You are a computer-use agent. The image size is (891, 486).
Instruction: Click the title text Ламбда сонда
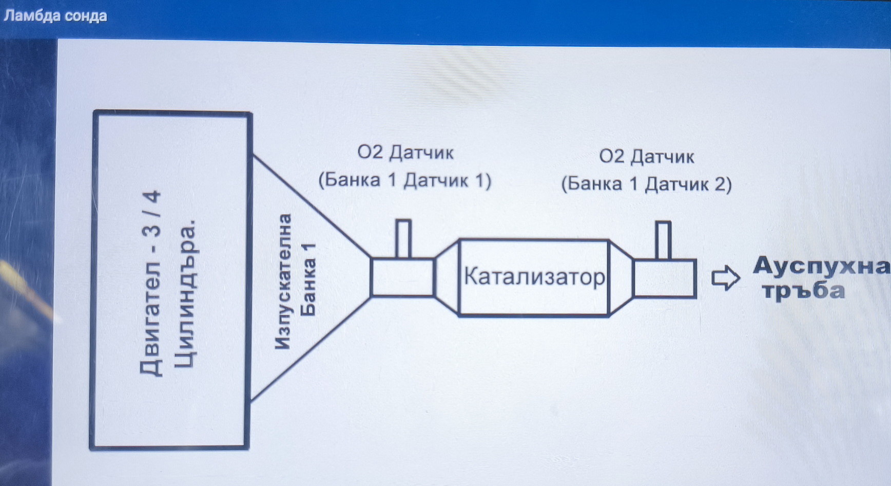click(55, 16)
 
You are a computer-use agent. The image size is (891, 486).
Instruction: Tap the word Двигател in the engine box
click(151, 318)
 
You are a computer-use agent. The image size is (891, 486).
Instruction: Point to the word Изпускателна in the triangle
click(283, 282)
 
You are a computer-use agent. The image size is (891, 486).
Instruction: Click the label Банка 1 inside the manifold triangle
click(308, 279)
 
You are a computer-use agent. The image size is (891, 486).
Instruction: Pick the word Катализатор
click(534, 276)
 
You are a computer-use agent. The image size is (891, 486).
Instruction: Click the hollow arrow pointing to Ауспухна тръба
click(726, 278)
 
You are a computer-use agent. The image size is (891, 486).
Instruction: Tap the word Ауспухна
click(821, 266)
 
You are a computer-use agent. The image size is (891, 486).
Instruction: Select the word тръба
click(803, 291)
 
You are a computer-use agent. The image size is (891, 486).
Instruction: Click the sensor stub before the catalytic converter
click(403, 238)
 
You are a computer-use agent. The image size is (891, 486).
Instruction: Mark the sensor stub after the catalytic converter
click(664, 239)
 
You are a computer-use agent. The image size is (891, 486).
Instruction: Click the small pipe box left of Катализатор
click(403, 277)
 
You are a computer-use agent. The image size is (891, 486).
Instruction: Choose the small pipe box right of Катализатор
click(665, 278)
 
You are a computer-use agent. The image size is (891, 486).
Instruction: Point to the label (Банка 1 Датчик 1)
click(405, 180)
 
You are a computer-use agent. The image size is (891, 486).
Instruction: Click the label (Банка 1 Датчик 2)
click(646, 184)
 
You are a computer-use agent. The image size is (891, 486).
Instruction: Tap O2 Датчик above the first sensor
click(405, 153)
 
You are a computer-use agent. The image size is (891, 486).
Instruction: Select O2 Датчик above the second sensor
click(647, 156)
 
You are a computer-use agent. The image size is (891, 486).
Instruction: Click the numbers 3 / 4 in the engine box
click(152, 214)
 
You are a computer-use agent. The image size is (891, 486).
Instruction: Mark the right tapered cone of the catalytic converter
click(621, 278)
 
